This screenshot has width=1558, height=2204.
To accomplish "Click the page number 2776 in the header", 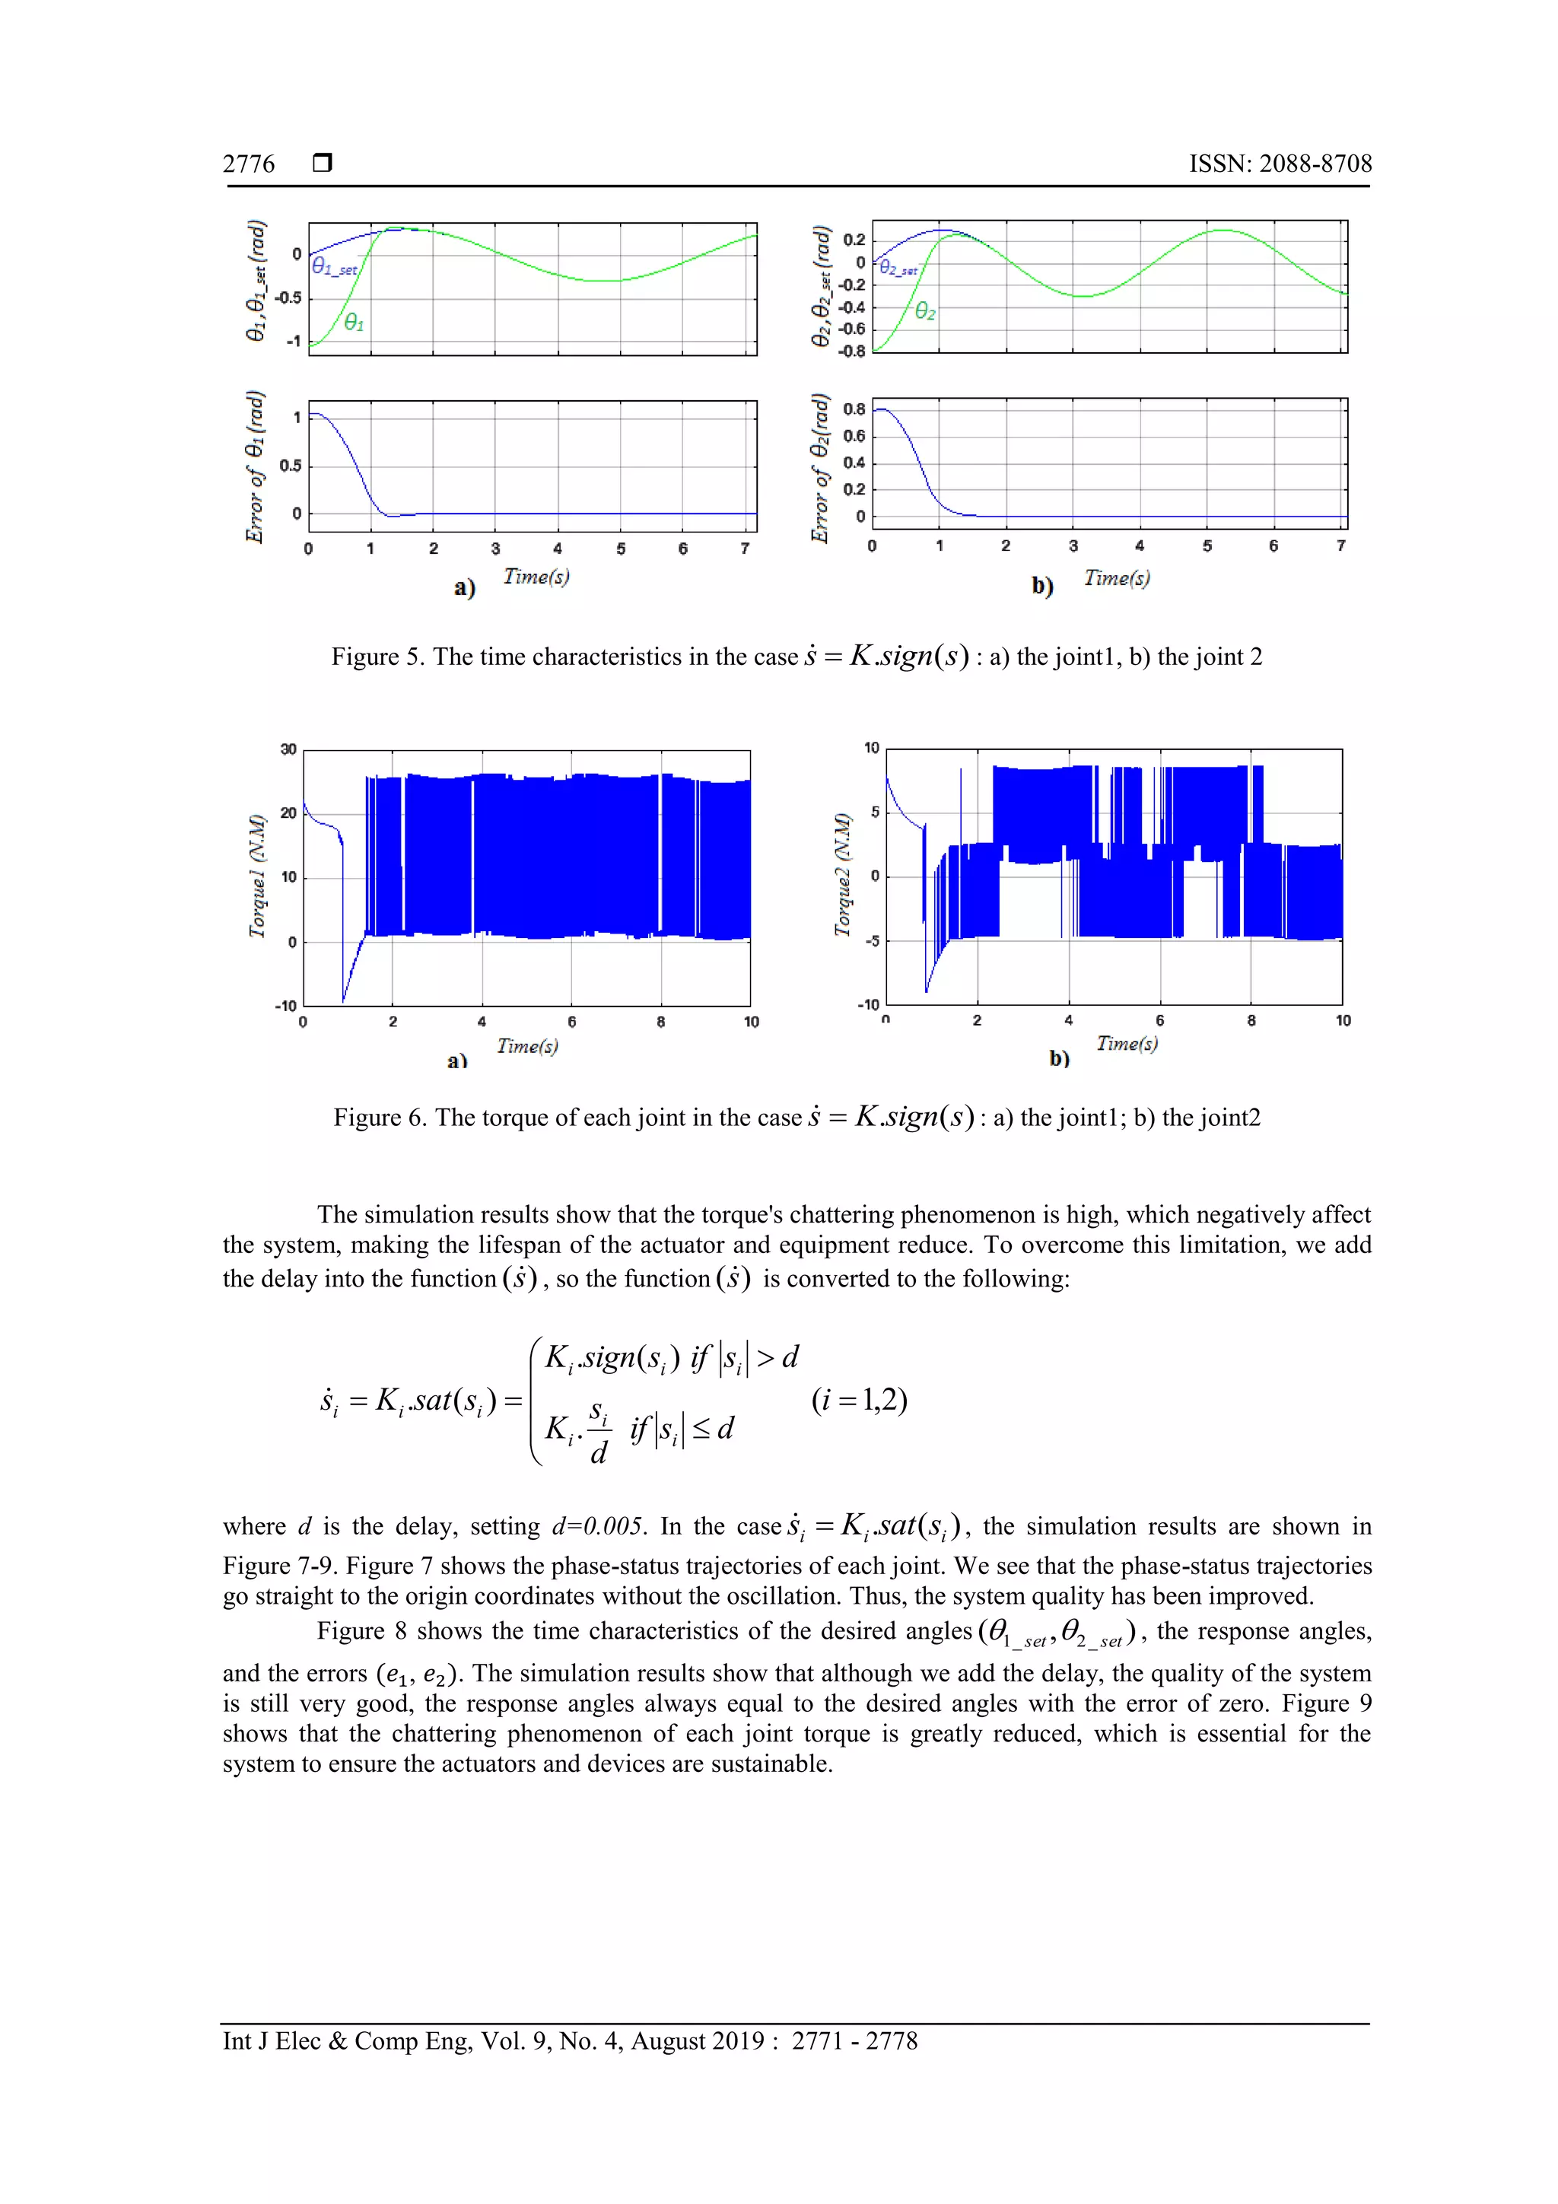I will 249,164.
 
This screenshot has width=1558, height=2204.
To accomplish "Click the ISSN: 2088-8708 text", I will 1280,164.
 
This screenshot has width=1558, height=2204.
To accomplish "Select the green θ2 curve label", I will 924,311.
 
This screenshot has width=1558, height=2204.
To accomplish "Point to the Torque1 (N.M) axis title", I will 257,876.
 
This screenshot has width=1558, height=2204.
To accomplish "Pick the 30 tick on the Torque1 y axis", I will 288,749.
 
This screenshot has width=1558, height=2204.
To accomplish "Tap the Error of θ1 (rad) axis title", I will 254,466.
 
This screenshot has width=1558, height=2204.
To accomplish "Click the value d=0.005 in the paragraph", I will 597,1526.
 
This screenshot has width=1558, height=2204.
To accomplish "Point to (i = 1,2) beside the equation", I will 859,1401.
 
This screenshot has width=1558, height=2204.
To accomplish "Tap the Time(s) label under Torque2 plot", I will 1127,1044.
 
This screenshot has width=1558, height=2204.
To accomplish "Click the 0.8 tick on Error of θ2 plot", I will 854,409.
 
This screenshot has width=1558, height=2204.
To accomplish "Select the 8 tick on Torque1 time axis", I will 660,1022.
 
